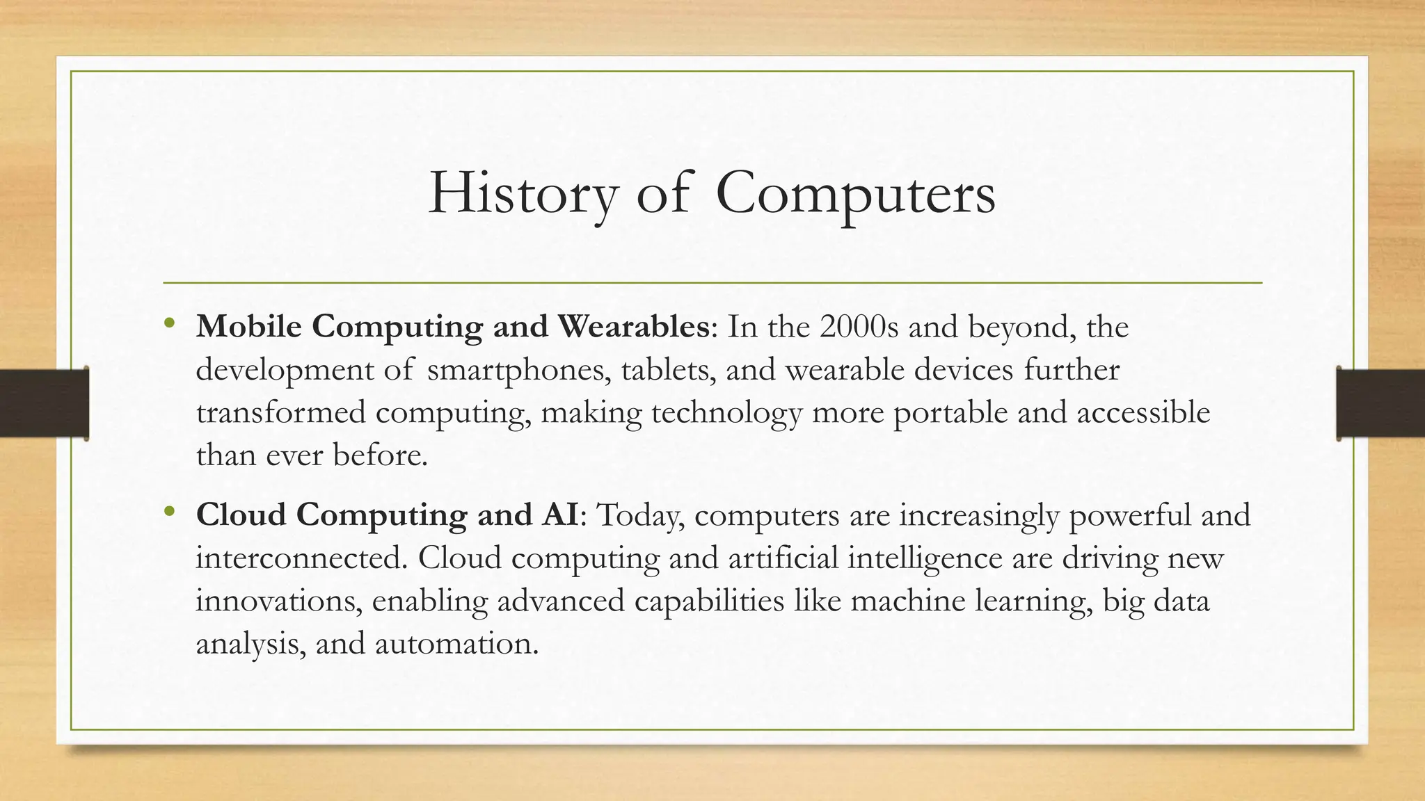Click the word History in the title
(523, 193)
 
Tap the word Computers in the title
(855, 193)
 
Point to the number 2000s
(859, 327)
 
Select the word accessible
(1143, 413)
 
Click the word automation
(456, 644)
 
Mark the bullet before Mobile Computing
(169, 323)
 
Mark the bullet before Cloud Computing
(169, 512)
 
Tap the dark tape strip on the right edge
(1380, 403)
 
